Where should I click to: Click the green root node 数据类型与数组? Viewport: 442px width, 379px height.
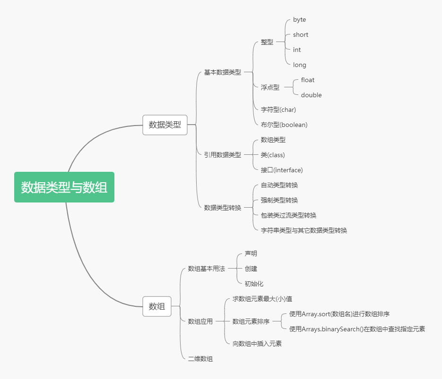pos(64,187)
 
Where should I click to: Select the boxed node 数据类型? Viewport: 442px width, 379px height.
pos(165,125)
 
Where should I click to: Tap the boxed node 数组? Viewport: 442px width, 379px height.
pos(157,306)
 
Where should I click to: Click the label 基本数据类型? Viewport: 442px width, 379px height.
pos(222,72)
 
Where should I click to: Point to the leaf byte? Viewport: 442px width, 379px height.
pos(299,19)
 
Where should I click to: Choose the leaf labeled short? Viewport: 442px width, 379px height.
pos(300,34)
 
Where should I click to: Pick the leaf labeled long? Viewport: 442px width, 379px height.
pos(299,65)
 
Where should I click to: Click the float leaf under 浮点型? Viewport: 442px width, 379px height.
pos(307,80)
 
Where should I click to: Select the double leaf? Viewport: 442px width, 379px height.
pos(311,95)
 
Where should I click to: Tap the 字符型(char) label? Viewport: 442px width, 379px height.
pos(278,109)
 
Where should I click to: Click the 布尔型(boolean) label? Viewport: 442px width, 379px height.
pos(284,125)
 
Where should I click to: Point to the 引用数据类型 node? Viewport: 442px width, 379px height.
pos(222,155)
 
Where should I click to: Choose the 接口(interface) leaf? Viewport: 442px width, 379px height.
pos(281,170)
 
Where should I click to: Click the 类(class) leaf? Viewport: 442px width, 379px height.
pos(273,155)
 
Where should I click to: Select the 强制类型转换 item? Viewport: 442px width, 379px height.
pos(279,200)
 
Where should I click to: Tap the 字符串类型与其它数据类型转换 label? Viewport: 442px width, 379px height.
pos(303,230)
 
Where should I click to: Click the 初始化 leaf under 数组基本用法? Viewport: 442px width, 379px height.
pos(254,284)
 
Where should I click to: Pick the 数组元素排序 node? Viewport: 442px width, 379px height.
pos(251,321)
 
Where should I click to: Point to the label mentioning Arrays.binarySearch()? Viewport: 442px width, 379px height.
pos(357,329)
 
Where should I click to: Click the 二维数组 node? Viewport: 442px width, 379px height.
pos(200,359)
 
